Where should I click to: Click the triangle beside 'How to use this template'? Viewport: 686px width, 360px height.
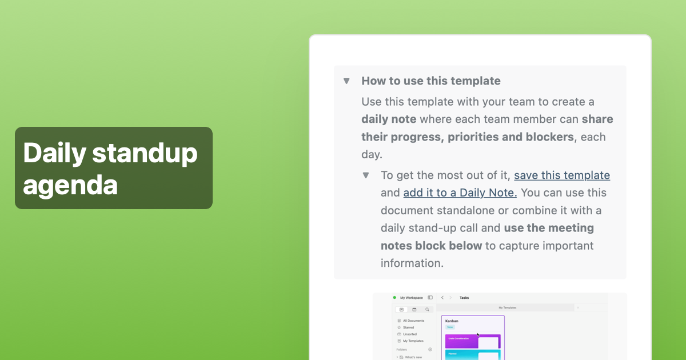click(346, 81)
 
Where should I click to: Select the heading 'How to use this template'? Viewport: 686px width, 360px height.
click(431, 81)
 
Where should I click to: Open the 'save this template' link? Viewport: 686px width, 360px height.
click(562, 175)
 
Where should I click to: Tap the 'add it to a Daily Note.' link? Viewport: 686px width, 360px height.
click(460, 193)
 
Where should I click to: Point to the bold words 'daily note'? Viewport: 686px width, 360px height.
click(389, 119)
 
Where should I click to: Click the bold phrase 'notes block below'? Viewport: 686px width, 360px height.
click(431, 246)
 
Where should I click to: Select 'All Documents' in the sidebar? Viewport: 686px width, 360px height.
click(413, 321)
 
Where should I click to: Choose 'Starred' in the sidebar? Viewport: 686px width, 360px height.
click(408, 327)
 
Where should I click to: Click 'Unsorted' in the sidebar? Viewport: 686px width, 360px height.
click(409, 334)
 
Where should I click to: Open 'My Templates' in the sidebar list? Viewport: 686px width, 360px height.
click(413, 341)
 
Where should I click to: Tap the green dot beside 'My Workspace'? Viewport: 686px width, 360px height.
click(394, 298)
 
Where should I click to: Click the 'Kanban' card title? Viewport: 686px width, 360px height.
click(452, 321)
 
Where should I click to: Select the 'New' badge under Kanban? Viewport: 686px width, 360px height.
click(450, 327)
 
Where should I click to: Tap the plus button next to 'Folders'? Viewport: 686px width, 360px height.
click(430, 349)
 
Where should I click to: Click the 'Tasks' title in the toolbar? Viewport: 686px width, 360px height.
click(464, 298)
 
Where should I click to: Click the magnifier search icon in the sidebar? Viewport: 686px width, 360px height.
click(427, 309)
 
